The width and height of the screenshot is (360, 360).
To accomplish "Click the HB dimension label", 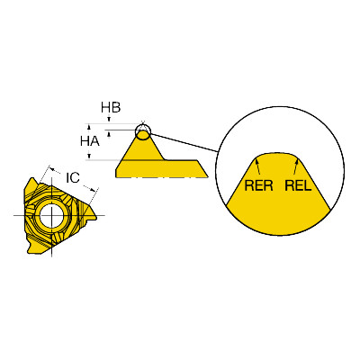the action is click(111, 107).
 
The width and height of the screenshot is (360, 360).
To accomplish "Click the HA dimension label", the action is click(90, 141).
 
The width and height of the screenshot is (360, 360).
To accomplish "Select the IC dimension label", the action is click(73, 178).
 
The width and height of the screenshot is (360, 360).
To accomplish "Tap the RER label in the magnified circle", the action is click(259, 185).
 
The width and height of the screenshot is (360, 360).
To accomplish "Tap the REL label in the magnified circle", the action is click(298, 185).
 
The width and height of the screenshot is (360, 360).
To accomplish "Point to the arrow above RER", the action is click(258, 166).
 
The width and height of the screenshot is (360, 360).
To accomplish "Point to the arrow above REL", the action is click(296, 166).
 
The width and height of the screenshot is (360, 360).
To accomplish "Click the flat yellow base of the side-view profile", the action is click(161, 168).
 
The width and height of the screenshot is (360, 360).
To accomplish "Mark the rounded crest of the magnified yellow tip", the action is click(278, 155).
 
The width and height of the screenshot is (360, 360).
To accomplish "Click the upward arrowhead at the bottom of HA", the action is click(89, 156).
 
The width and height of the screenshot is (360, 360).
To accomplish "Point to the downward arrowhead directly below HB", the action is click(109, 119).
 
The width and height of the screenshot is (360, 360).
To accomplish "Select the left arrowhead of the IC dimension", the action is click(52, 169).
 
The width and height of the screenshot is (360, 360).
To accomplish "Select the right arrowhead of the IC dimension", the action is click(94, 190).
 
